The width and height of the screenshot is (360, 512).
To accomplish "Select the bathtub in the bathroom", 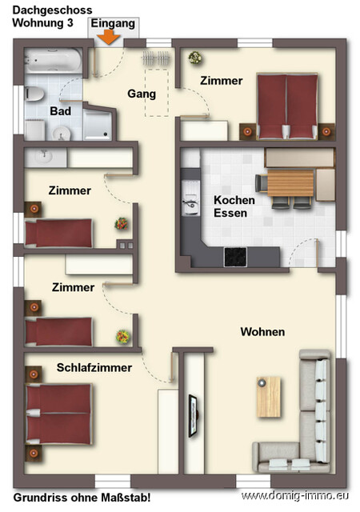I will pos(51,60).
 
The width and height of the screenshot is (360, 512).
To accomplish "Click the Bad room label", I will pos(60,111).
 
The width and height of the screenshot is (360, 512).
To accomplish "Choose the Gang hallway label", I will pos(142,94).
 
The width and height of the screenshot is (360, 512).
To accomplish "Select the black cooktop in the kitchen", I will pos(235,257).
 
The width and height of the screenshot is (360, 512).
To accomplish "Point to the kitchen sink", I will pos(190,206).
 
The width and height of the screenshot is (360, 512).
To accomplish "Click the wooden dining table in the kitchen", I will pos(289,184).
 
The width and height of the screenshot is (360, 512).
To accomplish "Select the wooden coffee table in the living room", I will pos(269,396).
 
